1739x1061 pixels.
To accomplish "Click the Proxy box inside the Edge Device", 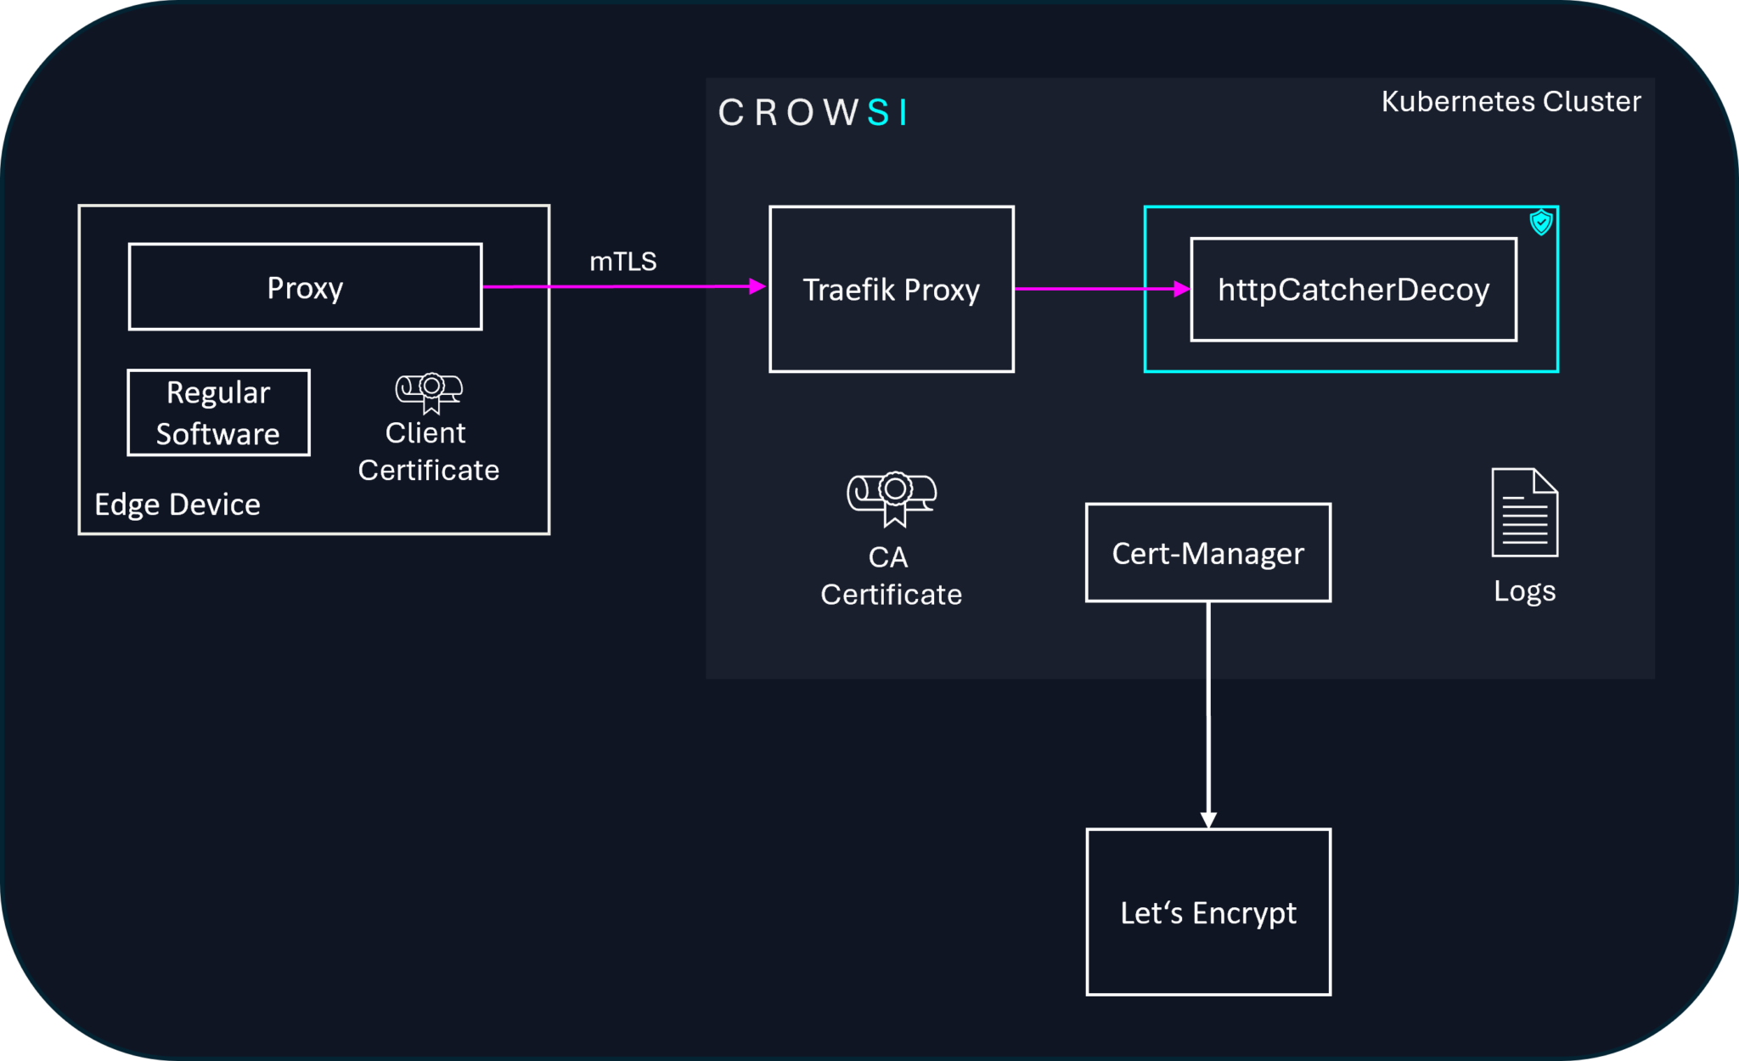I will (x=305, y=287).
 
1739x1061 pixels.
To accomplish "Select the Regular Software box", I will (x=218, y=413).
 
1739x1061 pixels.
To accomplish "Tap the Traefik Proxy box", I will (x=891, y=289).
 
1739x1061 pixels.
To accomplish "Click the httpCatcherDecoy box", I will (x=1353, y=290).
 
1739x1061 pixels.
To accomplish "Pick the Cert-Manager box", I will (x=1207, y=553).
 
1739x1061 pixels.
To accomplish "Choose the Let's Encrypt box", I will (x=1207, y=911).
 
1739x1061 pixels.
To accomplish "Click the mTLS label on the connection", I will (x=622, y=261).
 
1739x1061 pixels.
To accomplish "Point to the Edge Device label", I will (x=177, y=505).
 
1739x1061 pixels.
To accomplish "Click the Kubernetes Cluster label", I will (x=1510, y=101).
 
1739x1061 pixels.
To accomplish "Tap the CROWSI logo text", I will (x=813, y=112).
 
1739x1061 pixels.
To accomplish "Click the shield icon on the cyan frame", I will (x=1540, y=223).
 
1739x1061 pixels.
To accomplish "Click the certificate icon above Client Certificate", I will (x=429, y=392).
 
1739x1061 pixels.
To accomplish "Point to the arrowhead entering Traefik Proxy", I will (x=757, y=287).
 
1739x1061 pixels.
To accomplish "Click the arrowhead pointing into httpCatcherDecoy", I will (x=1181, y=289).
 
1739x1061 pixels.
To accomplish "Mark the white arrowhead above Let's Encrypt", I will (x=1207, y=820).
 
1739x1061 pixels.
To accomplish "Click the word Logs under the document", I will (x=1524, y=590).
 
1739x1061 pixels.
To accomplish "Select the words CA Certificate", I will (x=891, y=575).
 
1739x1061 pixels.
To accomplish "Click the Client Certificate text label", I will (x=428, y=451).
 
